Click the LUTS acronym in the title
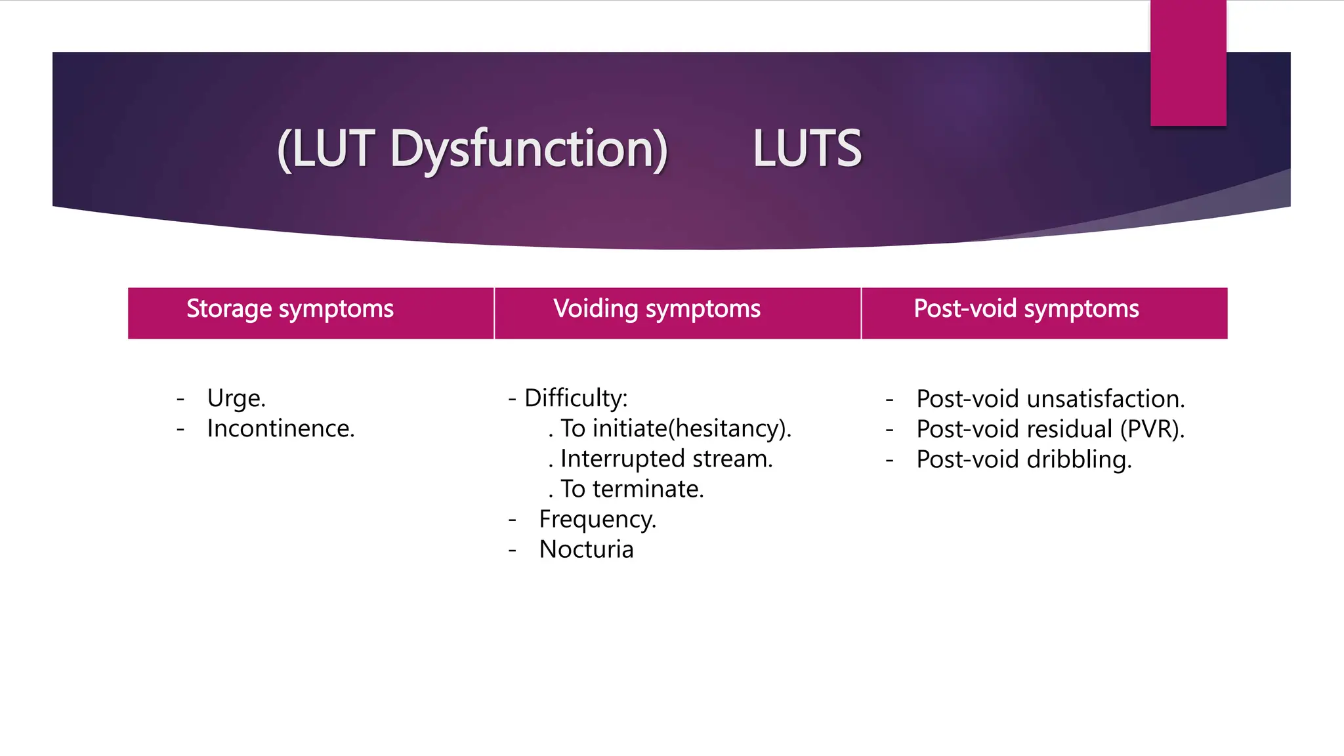807,148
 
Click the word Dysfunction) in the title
529,150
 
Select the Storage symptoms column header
289,309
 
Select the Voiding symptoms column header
657,309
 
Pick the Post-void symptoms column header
1026,309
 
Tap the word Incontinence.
281,429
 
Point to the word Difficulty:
576,398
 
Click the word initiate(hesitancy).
692,429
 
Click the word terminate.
648,489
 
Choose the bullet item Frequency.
597,519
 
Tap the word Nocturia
586,549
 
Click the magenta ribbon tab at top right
1188,62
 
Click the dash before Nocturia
512,549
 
